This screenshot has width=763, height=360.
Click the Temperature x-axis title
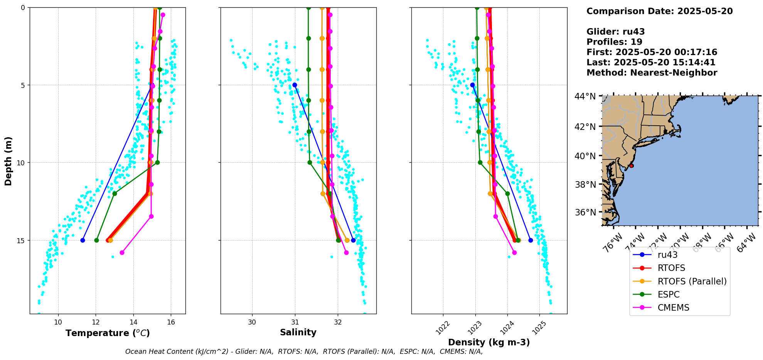108,333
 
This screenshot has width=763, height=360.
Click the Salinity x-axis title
298,332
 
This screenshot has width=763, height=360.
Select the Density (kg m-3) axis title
489,342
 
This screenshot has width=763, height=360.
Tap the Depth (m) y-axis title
8,161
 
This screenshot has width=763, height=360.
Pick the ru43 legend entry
667,255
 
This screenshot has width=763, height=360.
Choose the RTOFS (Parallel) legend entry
692,281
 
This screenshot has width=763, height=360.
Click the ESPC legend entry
669,294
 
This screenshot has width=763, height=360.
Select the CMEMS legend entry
673,308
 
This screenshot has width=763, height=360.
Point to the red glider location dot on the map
632,166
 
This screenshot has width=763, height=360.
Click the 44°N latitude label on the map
585,96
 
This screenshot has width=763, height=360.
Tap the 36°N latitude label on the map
585,212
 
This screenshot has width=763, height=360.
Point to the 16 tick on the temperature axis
171,322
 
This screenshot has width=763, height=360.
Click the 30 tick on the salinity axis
252,322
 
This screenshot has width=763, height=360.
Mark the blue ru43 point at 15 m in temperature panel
83,240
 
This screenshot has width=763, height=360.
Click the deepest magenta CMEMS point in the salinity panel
346,252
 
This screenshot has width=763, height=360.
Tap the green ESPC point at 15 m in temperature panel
96,240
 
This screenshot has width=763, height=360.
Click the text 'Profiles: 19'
614,42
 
